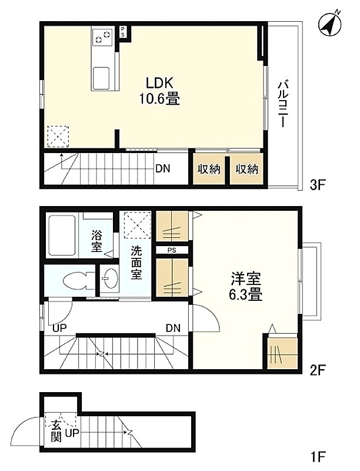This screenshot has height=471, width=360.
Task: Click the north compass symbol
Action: click(331, 25)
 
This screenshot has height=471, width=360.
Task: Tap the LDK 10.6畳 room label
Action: click(159, 91)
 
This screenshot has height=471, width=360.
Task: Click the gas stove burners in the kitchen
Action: click(102, 37)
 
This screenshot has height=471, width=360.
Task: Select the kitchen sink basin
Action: click(101, 78)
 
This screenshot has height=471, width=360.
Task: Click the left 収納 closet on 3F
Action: click(209, 169)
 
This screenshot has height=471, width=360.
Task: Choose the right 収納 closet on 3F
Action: click(247, 169)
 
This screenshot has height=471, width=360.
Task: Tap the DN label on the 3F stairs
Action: click(163, 169)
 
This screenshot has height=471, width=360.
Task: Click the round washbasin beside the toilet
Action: click(110, 278)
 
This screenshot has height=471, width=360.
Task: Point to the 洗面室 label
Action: click(136, 263)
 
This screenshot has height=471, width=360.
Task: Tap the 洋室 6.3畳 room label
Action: click(246, 287)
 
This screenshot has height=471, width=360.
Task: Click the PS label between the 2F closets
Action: click(172, 250)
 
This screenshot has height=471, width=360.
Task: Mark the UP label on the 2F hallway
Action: click(59, 328)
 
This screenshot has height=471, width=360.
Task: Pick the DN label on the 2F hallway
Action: click(174, 328)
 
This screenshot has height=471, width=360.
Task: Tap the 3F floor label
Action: click(318, 185)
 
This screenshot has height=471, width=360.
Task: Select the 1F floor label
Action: click(318, 457)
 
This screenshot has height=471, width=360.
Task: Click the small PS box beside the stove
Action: click(123, 32)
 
